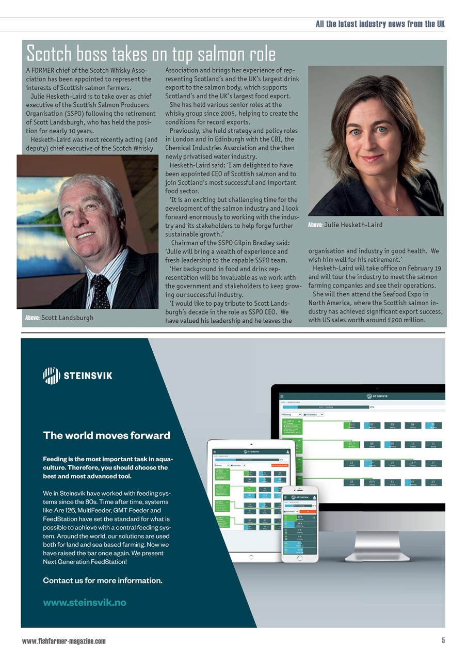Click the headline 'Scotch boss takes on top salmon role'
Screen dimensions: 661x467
coord(151,53)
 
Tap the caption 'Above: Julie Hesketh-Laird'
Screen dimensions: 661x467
coord(345,225)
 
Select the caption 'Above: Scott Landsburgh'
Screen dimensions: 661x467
coord(59,318)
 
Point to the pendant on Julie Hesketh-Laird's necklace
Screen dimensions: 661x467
coord(397,209)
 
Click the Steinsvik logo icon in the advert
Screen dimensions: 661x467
coord(51,375)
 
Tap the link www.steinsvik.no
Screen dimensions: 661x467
coord(84,602)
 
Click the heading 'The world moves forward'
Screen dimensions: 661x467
coord(106,435)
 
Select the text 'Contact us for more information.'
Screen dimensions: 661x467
coord(102,580)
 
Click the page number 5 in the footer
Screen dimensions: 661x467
coord(443,641)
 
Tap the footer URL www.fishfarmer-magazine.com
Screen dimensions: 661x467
coord(63,641)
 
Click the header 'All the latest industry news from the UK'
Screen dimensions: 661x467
coord(380,24)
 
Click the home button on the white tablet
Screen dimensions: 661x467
coord(251,558)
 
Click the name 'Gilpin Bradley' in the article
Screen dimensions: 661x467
coord(252,243)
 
